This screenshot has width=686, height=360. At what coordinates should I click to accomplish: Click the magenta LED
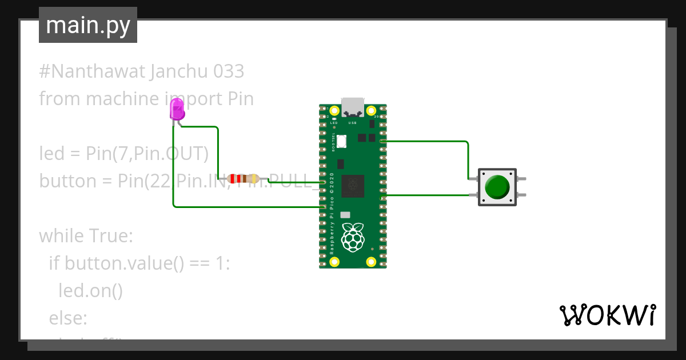pos(177,109)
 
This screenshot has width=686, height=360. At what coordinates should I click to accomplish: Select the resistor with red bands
pos(243,179)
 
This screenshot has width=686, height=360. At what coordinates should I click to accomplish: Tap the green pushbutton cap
pos(497,187)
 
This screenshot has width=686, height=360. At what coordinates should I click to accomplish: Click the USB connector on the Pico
pos(353,107)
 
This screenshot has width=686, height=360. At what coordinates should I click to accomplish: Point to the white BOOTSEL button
pos(342,141)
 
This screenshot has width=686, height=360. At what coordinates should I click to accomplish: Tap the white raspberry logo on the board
pos(353,237)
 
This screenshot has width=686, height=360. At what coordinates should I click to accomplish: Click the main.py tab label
pos(88,25)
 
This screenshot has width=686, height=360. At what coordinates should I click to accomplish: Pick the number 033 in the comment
pos(228,71)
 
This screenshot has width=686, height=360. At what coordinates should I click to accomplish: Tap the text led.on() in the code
pos(90,290)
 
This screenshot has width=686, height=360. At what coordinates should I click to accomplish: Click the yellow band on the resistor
pos(253,179)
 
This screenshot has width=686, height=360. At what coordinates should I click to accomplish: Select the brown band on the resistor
pos(244,179)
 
